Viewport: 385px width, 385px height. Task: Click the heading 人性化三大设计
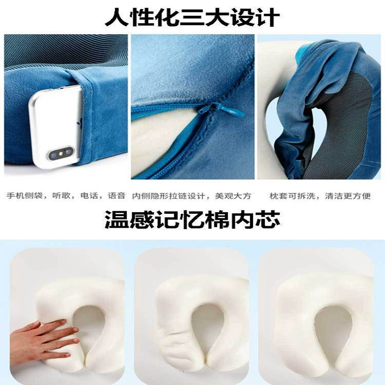tap(192, 17)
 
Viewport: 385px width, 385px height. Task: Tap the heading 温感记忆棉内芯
tap(192, 219)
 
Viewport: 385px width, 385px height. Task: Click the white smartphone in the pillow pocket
tap(55, 127)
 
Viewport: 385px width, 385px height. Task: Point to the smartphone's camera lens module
tap(61, 153)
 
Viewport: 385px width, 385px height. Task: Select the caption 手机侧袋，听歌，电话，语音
tap(66, 196)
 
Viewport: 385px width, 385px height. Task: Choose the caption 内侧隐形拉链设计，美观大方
tap(192, 196)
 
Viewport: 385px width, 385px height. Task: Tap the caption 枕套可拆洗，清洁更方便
tap(320, 196)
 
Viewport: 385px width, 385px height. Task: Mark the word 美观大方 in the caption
tap(233, 196)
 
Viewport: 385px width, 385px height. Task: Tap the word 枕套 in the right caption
tap(276, 196)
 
